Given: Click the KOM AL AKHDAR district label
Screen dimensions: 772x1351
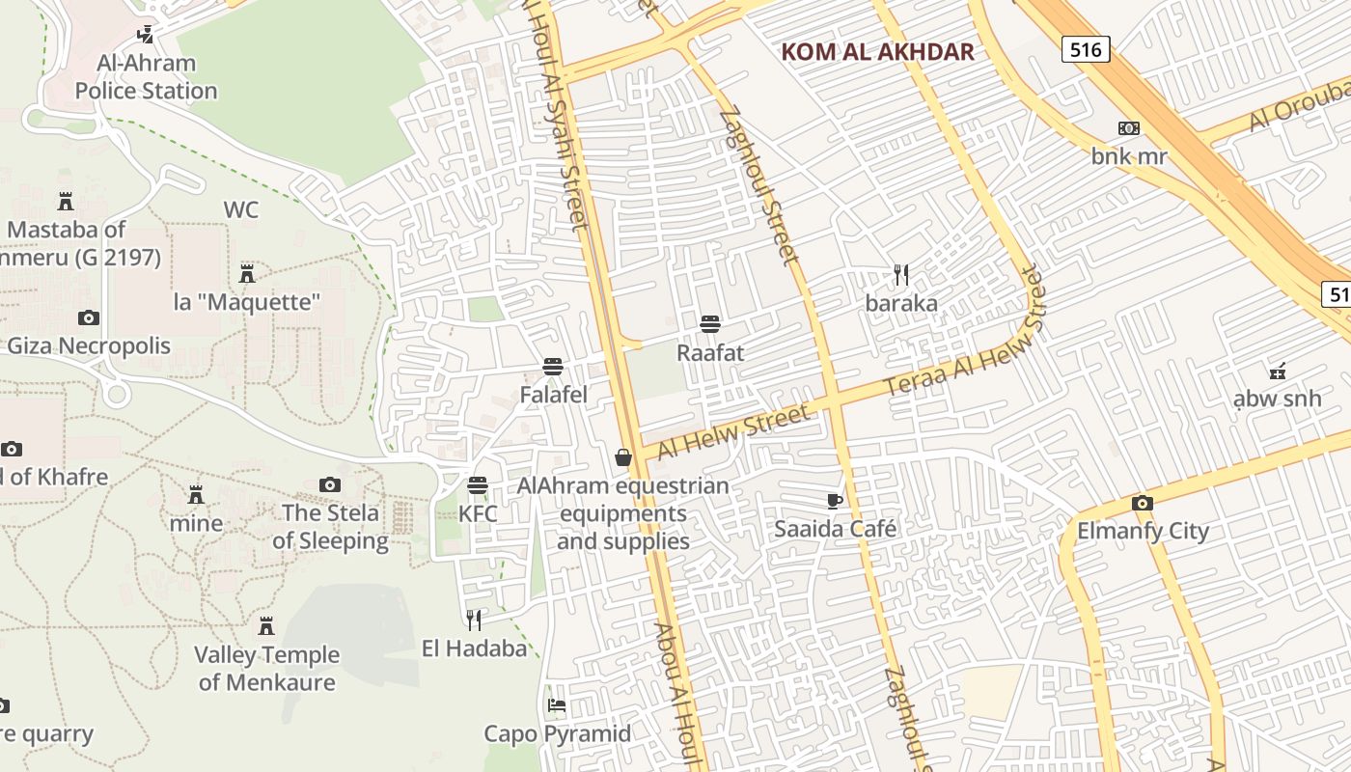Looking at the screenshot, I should tap(877, 52).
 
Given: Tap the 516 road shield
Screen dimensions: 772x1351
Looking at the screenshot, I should tap(1086, 49).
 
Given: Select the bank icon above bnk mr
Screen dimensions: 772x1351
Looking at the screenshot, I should tap(1128, 128).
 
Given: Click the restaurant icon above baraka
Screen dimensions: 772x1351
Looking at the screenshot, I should tap(901, 275).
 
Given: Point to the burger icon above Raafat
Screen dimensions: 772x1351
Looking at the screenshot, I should tap(710, 323).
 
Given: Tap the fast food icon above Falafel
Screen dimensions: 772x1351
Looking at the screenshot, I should tap(553, 367).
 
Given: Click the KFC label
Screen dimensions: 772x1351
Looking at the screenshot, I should tap(478, 513).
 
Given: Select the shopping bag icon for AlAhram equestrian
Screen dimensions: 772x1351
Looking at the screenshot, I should tap(623, 456).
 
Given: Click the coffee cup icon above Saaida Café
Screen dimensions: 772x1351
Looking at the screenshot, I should tap(835, 500).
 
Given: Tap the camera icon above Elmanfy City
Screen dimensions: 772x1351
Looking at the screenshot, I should tap(1143, 503).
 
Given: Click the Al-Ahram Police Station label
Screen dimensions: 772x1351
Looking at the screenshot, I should tap(146, 77).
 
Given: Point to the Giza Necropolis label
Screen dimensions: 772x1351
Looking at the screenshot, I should tap(89, 345).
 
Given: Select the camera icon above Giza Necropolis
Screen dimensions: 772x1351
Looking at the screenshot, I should tap(89, 317).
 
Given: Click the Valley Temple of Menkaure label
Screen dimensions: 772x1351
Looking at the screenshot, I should tap(267, 668).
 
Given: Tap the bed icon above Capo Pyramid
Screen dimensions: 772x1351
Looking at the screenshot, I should tap(557, 705).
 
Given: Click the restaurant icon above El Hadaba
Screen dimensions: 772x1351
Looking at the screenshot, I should tap(474, 620).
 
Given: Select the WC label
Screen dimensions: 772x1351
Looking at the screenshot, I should tap(241, 209).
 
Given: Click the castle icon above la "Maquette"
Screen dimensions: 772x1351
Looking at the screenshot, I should tap(247, 274).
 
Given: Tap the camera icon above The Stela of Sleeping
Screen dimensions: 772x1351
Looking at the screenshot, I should tap(330, 484).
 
